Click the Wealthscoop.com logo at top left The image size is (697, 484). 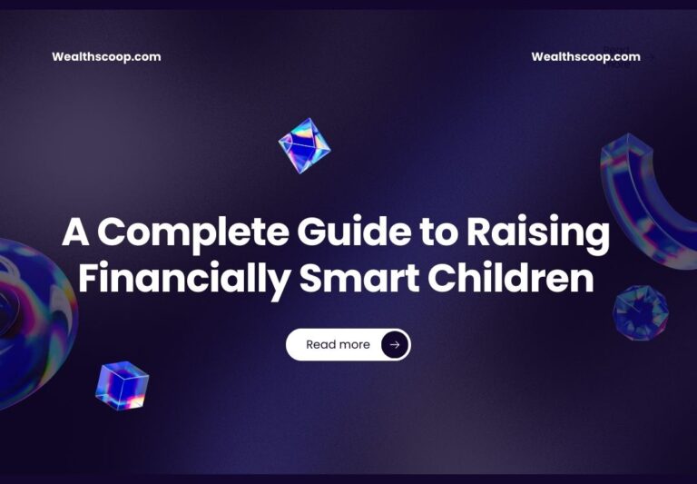106,56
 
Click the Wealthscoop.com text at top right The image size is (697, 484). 585,56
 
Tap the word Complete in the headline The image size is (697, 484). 193,234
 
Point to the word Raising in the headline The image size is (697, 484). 538,234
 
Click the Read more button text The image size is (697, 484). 338,345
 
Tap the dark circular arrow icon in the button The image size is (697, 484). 394,345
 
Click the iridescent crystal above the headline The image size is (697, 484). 304,145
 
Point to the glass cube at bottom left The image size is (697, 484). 122,385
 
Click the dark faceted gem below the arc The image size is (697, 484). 641,312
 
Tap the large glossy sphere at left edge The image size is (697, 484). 32,318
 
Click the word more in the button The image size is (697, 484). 354,345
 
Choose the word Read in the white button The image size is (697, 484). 320,345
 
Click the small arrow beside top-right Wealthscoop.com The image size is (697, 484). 651,57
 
